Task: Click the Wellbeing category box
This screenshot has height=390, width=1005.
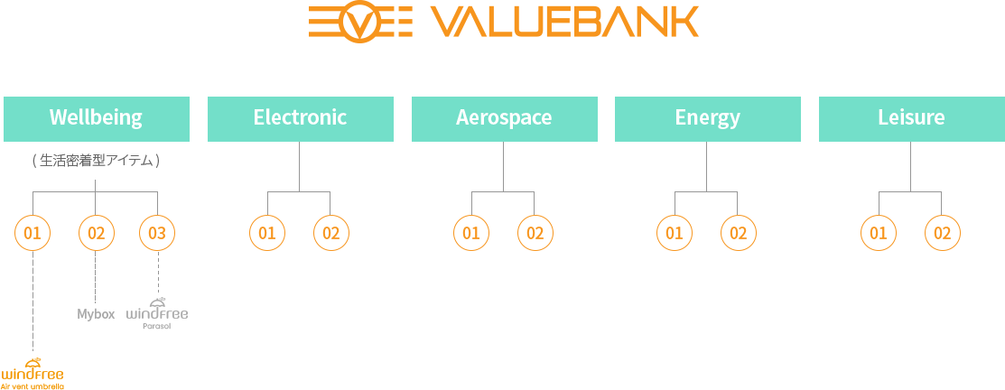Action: click(96, 119)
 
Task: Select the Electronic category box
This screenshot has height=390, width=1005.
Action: click(300, 119)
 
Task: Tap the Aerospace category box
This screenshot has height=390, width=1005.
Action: click(505, 119)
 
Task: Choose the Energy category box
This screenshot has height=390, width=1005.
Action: click(708, 119)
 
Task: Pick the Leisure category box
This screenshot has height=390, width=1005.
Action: click(911, 119)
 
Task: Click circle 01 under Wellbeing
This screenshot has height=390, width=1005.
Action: click(33, 232)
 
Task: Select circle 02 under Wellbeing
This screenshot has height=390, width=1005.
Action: click(96, 232)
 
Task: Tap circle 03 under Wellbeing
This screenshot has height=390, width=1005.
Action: click(157, 232)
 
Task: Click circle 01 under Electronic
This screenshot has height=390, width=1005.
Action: click(267, 232)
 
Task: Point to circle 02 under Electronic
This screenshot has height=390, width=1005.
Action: click(330, 232)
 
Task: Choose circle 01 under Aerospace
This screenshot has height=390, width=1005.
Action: click(471, 232)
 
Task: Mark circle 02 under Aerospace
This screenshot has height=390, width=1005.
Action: click(535, 232)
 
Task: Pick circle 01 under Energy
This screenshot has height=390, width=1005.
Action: click(675, 232)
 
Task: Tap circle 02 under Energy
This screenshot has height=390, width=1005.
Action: click(739, 232)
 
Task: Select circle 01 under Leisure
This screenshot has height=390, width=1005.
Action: click(879, 232)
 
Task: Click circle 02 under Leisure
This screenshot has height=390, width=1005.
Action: click(942, 232)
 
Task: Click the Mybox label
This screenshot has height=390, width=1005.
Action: click(96, 314)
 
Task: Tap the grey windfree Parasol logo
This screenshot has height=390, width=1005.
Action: click(157, 313)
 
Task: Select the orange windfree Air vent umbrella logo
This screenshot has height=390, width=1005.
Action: click(32, 373)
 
